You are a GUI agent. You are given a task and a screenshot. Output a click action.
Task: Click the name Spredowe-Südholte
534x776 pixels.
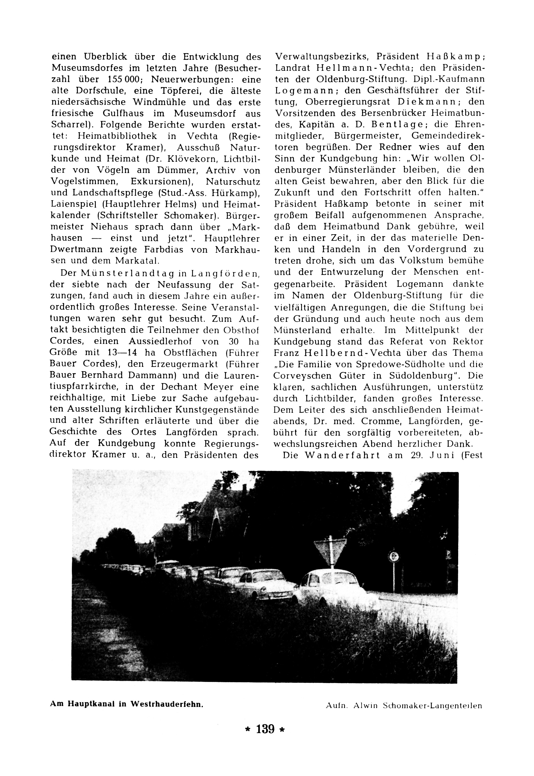pyautogui.click(x=379, y=364)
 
